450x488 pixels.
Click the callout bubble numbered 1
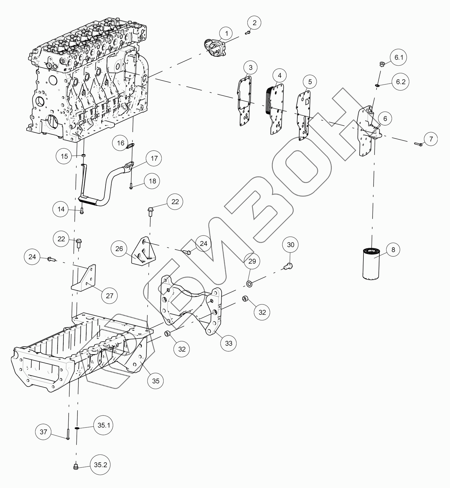(227, 34)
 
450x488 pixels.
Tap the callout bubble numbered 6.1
(399, 58)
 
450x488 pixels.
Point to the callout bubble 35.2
(101, 465)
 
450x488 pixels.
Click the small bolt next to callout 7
(418, 144)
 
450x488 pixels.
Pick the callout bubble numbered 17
(154, 158)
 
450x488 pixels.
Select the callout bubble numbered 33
(229, 343)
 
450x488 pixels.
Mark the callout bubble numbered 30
(291, 245)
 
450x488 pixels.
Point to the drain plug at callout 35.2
(75, 468)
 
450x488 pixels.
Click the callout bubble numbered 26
(119, 249)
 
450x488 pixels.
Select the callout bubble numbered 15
(64, 156)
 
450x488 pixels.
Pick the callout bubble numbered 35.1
(103, 425)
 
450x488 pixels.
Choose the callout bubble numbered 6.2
(401, 82)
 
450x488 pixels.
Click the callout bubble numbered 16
(121, 143)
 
